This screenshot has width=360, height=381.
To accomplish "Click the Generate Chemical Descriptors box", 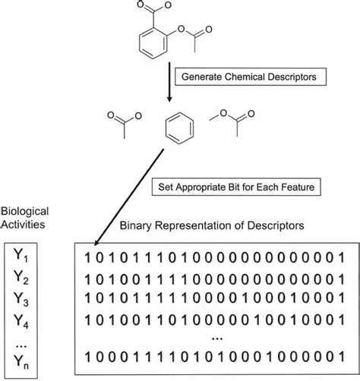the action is tap(251, 77).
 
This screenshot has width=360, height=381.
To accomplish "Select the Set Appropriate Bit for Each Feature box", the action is tap(236, 187).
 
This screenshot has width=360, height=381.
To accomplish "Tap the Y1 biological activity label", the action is tap(21, 255).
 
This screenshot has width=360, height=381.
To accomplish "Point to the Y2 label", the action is tap(21, 277).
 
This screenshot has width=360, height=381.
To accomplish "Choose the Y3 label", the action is tap(21, 299).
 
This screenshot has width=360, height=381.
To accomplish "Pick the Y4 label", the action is tap(21, 321).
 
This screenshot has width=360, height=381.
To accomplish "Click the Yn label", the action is tap(21, 361).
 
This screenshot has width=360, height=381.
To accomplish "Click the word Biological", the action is tap(24, 212).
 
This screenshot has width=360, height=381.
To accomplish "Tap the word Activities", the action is tap(23, 225).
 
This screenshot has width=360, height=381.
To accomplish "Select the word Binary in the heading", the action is tap(136, 225).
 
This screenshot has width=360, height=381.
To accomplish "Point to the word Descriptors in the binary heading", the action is tap(276, 225).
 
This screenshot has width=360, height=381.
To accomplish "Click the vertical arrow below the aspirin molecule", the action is tap(169, 82).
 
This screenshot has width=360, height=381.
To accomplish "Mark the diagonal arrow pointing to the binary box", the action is tap(129, 197).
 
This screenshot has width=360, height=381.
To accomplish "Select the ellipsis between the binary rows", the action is tap(217, 338).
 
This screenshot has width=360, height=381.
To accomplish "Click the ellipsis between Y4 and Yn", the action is tap(21, 346).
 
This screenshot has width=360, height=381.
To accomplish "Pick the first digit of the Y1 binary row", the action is tap(87, 258).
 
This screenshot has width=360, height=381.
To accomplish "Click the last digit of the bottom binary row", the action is tap(342, 357).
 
